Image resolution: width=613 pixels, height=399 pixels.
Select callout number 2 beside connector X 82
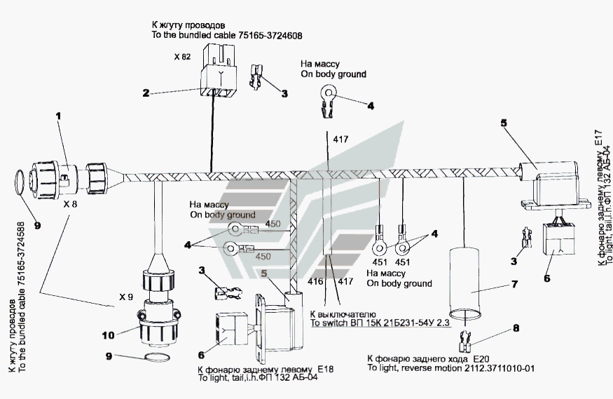click(x=146, y=93)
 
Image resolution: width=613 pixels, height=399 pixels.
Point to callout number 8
click(x=517, y=327)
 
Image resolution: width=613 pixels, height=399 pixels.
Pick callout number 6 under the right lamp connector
click(x=547, y=278)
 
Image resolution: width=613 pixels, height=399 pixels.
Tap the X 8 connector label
click(x=69, y=205)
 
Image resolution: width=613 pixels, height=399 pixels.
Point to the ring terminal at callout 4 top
click(x=328, y=93)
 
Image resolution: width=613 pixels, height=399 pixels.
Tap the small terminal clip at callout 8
click(x=464, y=341)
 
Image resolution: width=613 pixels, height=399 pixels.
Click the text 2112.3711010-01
click(x=502, y=367)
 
